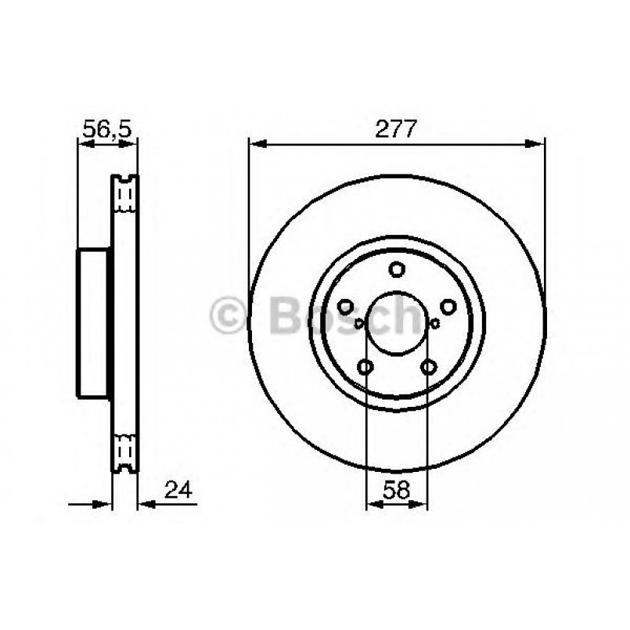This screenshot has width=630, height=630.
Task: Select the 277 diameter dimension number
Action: point(397,130)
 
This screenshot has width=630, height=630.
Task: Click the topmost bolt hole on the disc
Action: point(397,270)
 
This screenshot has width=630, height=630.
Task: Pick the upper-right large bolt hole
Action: point(448,307)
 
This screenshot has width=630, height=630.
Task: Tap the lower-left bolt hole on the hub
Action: point(365,365)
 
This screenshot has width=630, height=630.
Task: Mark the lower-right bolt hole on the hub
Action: point(428,365)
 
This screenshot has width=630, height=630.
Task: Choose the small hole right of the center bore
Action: point(434,322)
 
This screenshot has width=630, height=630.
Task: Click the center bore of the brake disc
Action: point(397,322)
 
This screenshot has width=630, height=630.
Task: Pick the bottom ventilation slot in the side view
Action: point(124,452)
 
